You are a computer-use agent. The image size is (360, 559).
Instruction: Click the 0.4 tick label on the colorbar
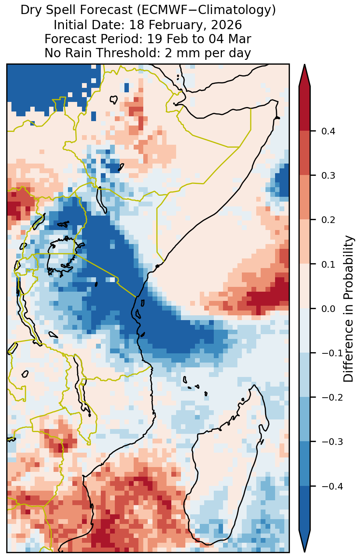click(x=328, y=131)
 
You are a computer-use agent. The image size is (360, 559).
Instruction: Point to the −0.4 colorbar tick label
click(x=332, y=486)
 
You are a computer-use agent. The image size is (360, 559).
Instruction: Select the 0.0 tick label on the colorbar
click(x=328, y=309)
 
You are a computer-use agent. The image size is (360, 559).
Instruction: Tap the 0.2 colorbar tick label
click(x=328, y=220)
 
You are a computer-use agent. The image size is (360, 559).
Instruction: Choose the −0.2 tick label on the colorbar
click(x=332, y=398)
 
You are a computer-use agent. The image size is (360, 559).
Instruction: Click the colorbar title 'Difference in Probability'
click(x=348, y=309)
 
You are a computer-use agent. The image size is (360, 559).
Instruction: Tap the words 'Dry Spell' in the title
click(x=51, y=10)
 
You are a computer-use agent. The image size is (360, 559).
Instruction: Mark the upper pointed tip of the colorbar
click(x=305, y=64)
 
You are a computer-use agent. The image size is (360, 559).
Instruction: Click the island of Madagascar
click(x=224, y=462)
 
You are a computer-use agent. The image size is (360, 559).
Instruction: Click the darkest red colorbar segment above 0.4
click(x=305, y=108)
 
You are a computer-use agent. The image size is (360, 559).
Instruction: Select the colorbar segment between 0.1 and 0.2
click(x=305, y=242)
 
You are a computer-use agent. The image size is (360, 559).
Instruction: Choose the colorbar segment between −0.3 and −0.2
click(x=305, y=419)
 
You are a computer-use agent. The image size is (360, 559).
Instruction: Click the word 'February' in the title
click(x=169, y=25)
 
